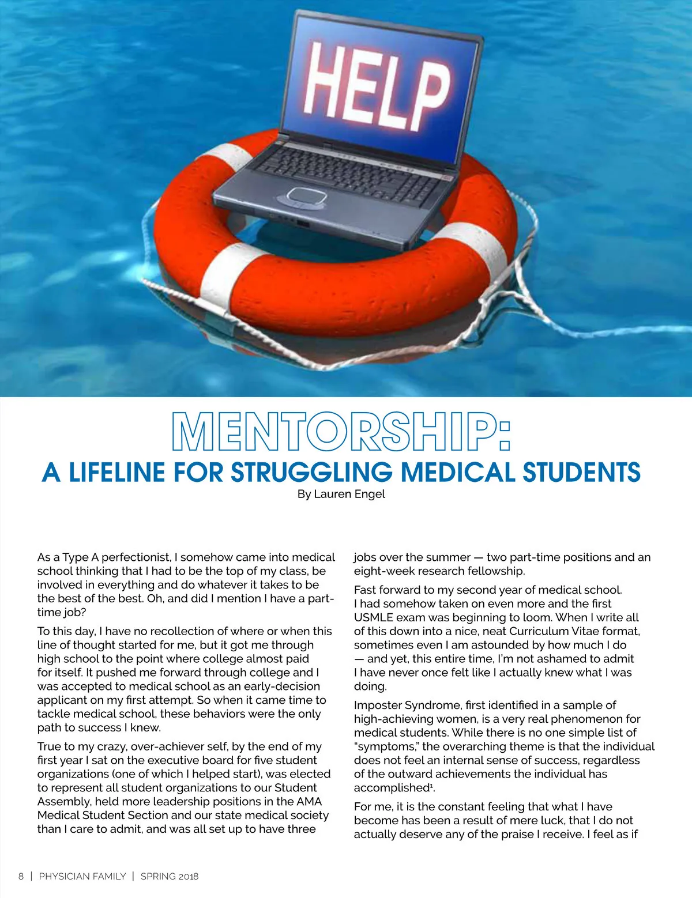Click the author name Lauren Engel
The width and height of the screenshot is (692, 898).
coord(349,494)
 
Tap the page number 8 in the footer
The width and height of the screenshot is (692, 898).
coord(21,876)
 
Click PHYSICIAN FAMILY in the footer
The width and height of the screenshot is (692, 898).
coord(82,876)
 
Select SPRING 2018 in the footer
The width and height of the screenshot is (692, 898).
coord(170,876)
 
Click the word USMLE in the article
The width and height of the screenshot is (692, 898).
coord(373,617)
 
